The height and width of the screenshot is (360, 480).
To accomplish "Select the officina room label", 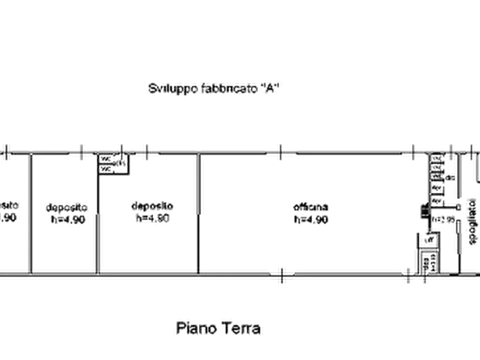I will tap(310, 207).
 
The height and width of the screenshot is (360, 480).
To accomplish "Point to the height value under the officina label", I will tap(310, 219).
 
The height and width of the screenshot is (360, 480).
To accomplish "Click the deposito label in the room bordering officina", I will tap(152, 206).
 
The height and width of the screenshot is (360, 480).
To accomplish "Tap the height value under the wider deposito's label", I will tap(152, 218).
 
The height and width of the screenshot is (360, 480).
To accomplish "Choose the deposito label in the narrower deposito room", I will tap(67, 206).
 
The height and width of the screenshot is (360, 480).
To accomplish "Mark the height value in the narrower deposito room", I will tap(68, 219).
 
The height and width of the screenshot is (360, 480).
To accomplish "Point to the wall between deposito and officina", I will tap(200, 215).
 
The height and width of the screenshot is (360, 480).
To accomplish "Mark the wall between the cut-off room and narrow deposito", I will tap(30, 215).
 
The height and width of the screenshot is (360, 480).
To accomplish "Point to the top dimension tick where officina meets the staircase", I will tap(413, 153).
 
